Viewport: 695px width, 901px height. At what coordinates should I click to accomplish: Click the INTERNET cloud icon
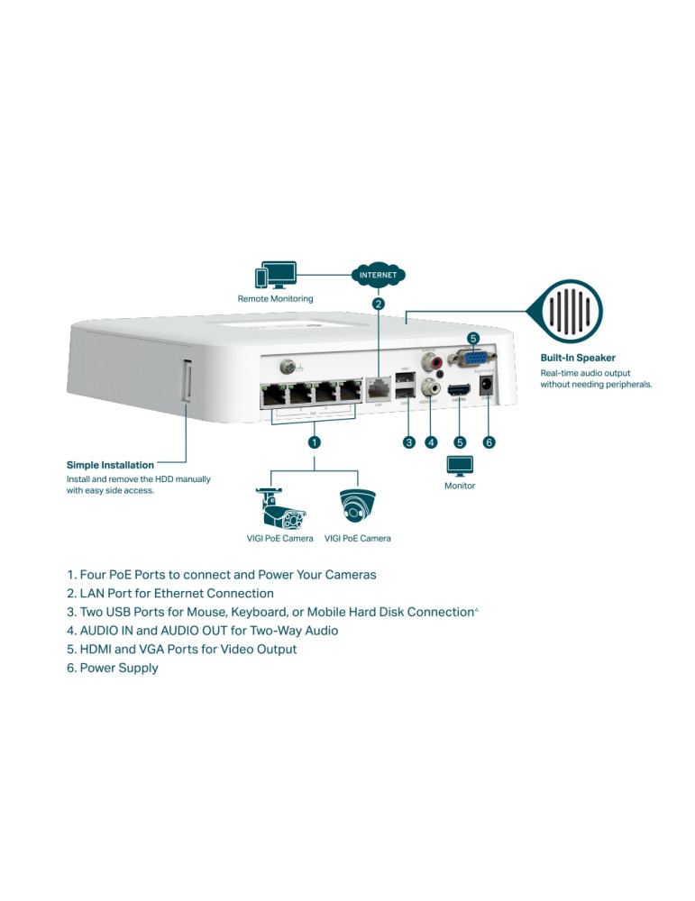pos(378,275)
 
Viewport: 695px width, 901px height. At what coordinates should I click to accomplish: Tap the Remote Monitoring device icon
pos(276,276)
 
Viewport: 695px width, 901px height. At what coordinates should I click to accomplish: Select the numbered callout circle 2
pos(379,304)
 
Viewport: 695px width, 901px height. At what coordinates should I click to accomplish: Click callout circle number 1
pos(314,442)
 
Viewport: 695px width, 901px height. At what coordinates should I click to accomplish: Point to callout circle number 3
pos(408,442)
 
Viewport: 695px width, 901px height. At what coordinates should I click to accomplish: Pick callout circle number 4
pos(431,442)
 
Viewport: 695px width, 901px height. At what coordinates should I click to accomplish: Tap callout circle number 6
pos(489,442)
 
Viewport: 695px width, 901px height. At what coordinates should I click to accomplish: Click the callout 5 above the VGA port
pos(473,338)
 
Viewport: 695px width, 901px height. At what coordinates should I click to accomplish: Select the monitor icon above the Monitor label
pos(460,466)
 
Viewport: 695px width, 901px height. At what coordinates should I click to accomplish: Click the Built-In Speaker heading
pos(578,358)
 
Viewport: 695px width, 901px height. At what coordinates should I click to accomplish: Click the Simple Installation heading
pos(110,465)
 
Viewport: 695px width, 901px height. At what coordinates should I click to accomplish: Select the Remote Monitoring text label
pos(276,298)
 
